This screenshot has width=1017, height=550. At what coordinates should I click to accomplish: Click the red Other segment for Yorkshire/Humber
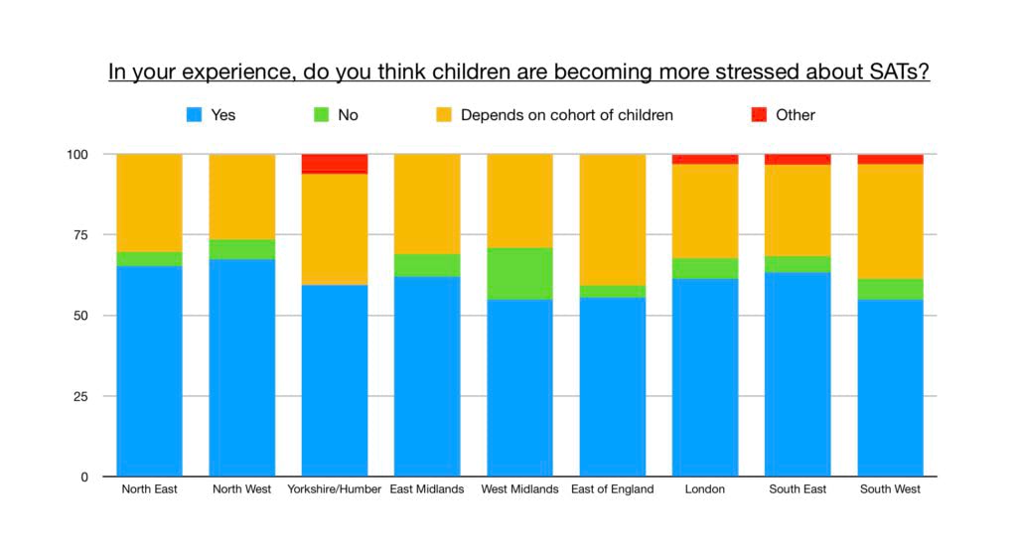[335, 164]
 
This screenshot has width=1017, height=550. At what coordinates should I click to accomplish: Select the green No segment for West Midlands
[519, 273]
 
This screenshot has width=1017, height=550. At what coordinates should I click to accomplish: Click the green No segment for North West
[242, 249]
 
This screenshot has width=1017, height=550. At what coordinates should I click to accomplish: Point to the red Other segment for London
[704, 159]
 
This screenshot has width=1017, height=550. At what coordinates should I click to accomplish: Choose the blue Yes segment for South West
[890, 387]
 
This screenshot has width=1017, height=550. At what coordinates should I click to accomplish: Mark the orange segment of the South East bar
[798, 210]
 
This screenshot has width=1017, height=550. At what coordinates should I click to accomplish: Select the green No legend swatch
[321, 115]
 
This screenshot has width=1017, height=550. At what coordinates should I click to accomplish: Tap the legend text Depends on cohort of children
[566, 115]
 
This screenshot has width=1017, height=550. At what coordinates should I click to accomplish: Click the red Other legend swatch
[759, 115]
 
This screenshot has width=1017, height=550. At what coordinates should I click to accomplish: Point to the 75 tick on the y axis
[80, 235]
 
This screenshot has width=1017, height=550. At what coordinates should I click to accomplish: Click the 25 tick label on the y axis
[80, 396]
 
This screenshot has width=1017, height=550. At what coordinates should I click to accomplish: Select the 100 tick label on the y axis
[77, 155]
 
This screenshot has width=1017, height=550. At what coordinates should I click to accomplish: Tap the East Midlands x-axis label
[427, 489]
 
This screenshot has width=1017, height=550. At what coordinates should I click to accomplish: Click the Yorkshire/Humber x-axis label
[335, 489]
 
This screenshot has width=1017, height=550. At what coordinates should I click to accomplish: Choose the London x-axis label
[705, 489]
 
